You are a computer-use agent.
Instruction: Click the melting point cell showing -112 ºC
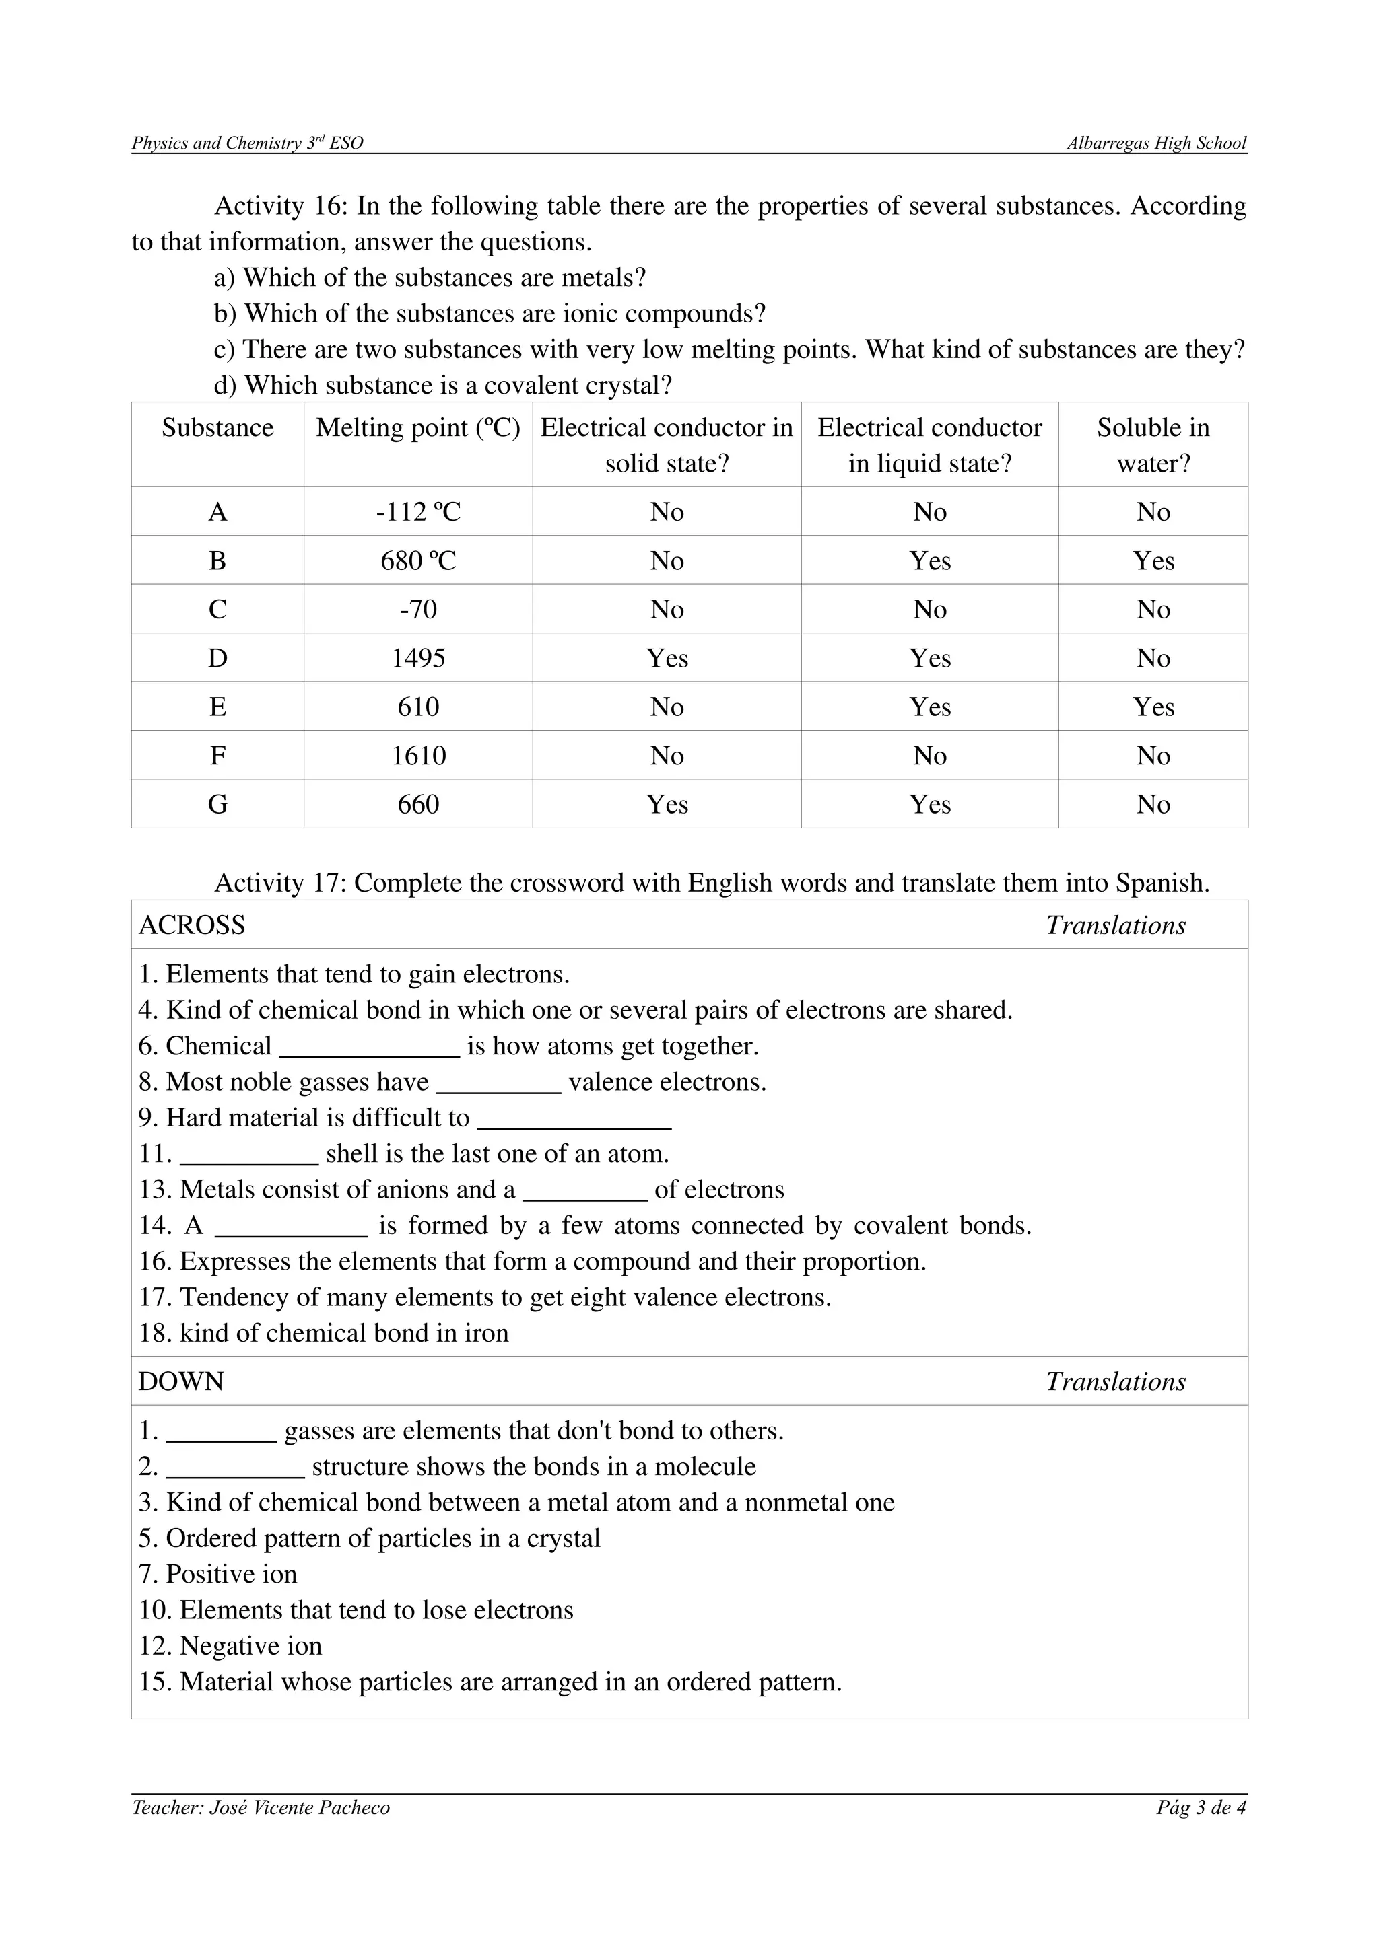[418, 512]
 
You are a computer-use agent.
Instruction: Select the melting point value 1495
[418, 658]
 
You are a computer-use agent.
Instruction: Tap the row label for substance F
[217, 756]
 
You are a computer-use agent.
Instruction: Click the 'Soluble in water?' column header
[1153, 445]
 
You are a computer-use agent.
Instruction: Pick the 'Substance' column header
[217, 427]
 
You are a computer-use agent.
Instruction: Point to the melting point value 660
[418, 804]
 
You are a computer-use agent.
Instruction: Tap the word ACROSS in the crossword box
[192, 925]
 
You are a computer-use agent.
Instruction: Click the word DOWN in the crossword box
[181, 1382]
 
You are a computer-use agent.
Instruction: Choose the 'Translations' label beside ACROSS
[1116, 925]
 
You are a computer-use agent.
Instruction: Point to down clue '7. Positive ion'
[218, 1575]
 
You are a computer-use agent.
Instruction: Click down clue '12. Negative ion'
[230, 1646]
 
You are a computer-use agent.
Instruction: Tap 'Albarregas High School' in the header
[1156, 143]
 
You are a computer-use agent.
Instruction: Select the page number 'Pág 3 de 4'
[1201, 1808]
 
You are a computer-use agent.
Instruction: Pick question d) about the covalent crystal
[442, 386]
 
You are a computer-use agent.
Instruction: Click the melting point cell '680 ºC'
[418, 561]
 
